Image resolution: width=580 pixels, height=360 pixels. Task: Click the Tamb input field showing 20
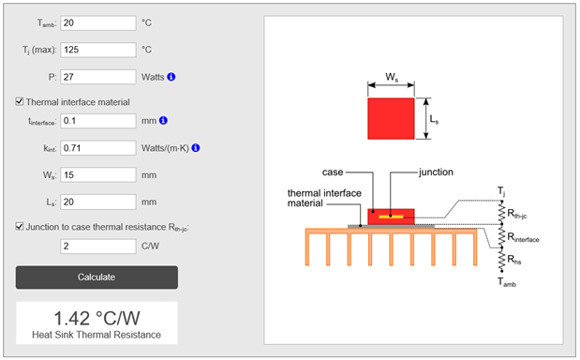(98, 22)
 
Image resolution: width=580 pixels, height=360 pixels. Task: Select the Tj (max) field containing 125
(98, 50)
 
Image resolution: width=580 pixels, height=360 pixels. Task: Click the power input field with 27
(98, 77)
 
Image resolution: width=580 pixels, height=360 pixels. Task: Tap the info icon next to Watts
(171, 77)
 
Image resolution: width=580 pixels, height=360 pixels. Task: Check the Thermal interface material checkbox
(20, 101)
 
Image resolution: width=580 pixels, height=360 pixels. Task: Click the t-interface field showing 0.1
(98, 121)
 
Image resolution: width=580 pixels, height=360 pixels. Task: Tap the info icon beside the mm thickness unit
(163, 120)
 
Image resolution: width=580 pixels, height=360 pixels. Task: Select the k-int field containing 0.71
(98, 148)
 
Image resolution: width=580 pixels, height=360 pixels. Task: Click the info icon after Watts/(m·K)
(196, 147)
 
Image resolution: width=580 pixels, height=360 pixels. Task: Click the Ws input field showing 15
(98, 175)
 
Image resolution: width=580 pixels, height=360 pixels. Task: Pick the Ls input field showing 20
(98, 202)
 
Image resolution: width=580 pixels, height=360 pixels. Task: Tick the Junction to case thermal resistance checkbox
(20, 226)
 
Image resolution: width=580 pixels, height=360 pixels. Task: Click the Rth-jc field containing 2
(98, 247)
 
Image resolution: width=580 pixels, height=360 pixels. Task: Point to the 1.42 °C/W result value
(97, 318)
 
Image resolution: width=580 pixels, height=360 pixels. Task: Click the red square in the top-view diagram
(391, 118)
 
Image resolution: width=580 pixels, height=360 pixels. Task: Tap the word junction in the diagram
(436, 172)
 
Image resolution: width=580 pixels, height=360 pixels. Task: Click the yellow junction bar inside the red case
(391, 217)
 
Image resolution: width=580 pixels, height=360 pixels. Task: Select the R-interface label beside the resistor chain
(523, 237)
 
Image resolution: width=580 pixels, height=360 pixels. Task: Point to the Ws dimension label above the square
(392, 77)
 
